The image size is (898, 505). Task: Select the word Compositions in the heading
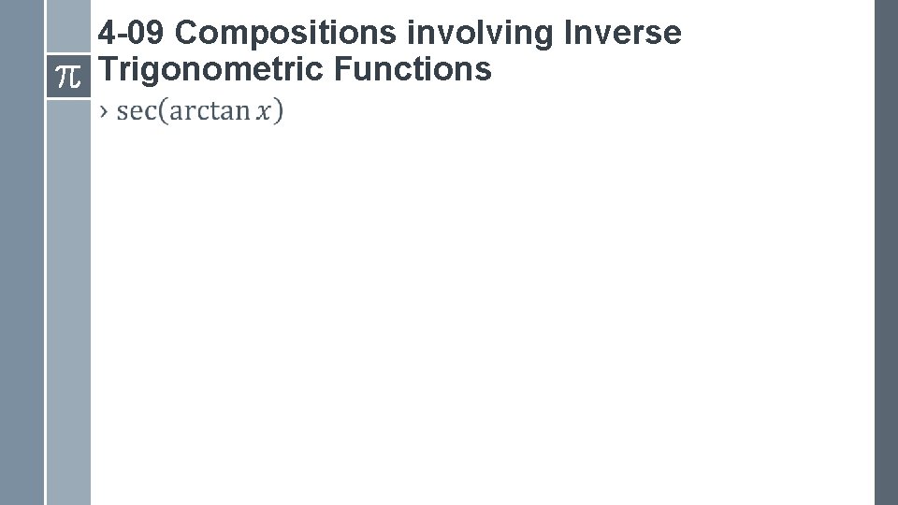285,34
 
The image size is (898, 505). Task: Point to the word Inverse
623,34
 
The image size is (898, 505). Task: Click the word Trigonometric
210,68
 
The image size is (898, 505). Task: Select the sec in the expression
137,111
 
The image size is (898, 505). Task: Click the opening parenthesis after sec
163,111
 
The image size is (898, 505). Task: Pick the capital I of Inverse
569,34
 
